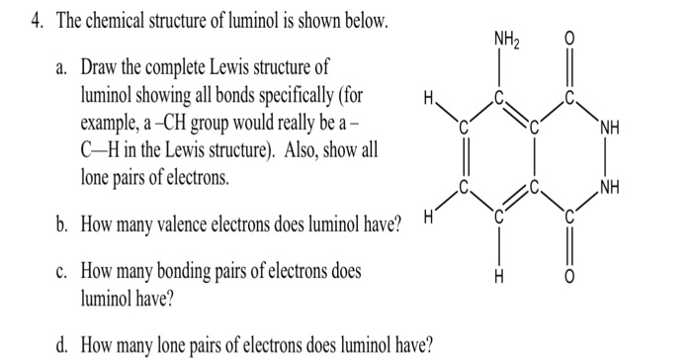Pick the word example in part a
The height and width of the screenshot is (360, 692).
pyautogui.click(x=109, y=127)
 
